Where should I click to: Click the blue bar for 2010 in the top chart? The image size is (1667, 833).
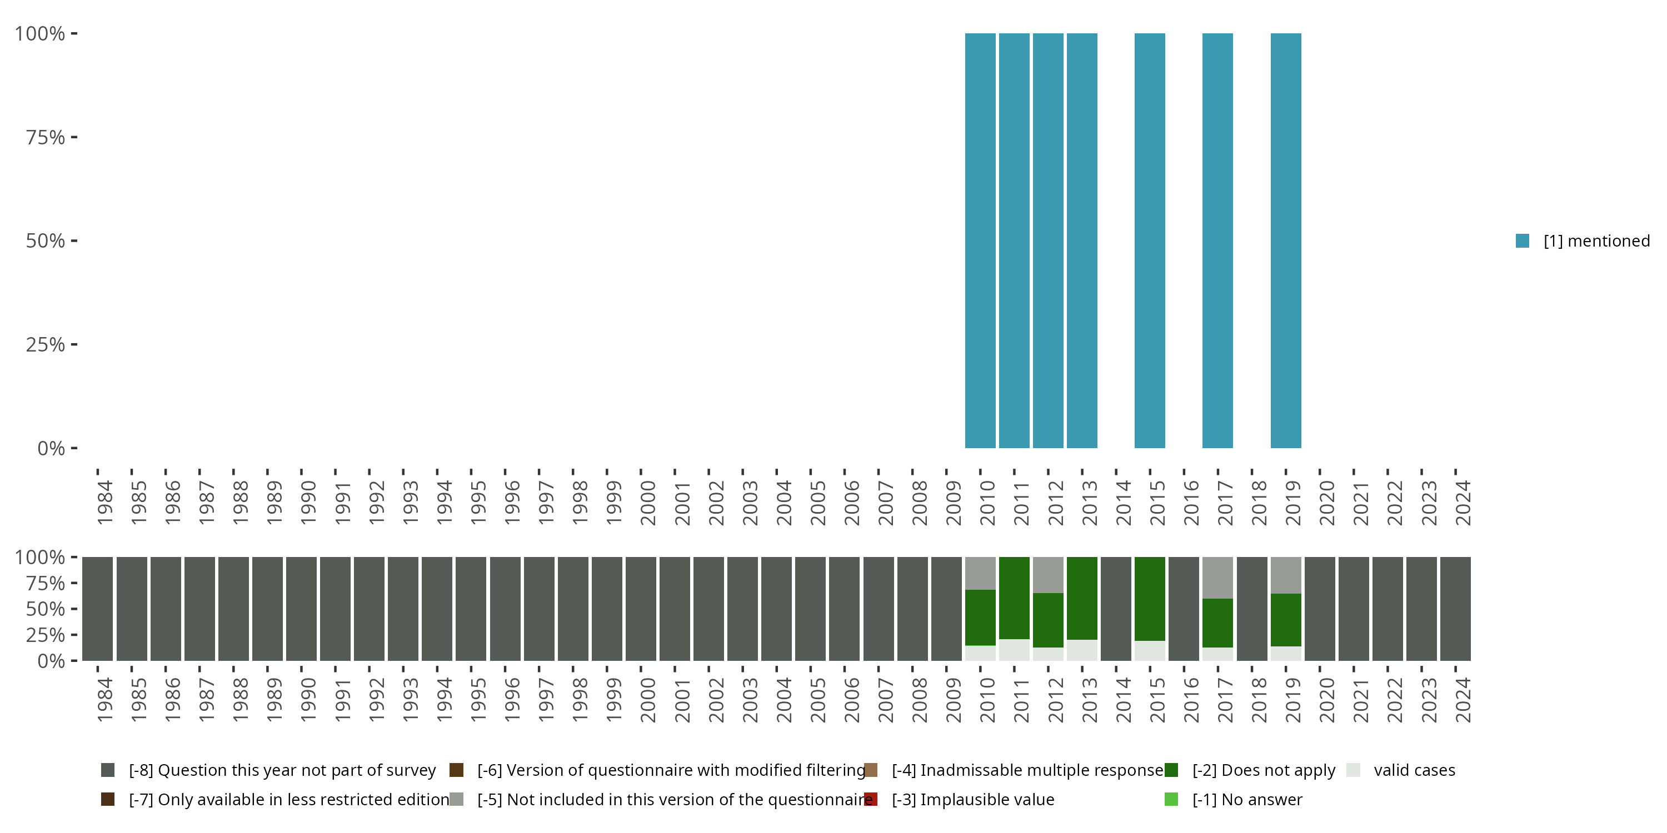(980, 240)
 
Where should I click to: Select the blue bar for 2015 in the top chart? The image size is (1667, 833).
(1149, 240)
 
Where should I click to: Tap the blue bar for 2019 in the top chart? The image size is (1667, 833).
(1285, 240)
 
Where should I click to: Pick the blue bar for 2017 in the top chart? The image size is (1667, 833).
(1217, 240)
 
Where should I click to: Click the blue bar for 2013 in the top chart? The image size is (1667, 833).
(1081, 240)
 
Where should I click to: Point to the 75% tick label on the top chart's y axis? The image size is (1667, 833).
(46, 137)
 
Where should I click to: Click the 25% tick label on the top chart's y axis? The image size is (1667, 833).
(46, 345)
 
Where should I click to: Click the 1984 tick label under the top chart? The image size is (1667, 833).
(104, 503)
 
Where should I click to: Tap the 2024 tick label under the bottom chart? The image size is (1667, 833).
(1462, 700)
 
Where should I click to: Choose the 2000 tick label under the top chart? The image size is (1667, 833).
(647, 503)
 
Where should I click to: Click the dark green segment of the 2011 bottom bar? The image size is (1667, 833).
(1014, 598)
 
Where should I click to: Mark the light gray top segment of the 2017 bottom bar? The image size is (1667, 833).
(1217, 577)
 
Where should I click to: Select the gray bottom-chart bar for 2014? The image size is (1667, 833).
(1116, 609)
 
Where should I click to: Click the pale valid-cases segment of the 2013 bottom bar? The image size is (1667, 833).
(1081, 650)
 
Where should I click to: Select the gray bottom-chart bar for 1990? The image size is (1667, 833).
(302, 609)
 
